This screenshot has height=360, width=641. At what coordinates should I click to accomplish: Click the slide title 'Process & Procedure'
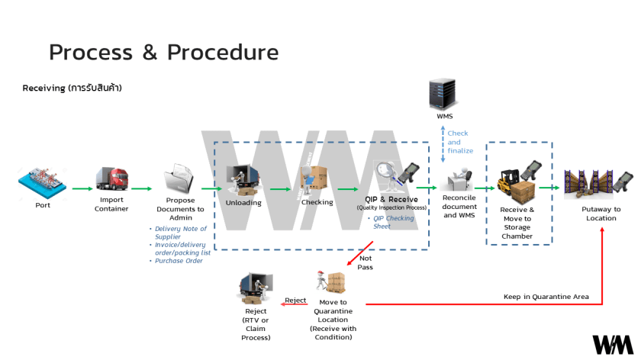point(163,52)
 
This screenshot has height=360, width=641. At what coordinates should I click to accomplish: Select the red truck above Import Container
point(111,180)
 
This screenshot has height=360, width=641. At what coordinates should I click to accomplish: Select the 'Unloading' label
point(243,203)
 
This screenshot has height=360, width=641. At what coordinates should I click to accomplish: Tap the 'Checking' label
point(317,202)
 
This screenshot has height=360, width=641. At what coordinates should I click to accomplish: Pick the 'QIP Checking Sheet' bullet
point(395,222)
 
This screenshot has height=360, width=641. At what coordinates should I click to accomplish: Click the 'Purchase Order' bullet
point(181,261)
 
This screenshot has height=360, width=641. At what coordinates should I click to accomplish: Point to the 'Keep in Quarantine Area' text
point(546,297)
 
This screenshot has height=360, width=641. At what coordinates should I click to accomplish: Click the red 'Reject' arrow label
point(295,301)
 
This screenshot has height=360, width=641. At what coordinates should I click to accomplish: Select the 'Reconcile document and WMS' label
point(459,207)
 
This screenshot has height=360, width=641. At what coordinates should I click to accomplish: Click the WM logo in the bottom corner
point(612,344)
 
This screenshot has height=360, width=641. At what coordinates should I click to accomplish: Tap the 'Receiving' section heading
point(72,88)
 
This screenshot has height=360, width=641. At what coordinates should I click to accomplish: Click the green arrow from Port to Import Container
point(81,188)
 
